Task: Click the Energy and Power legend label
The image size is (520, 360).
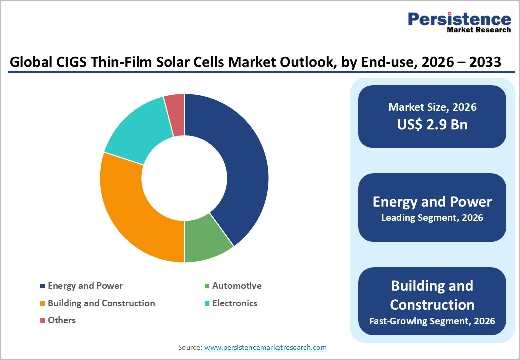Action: click(x=85, y=286)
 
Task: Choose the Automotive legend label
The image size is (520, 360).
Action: click(x=237, y=286)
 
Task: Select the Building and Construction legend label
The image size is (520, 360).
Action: click(x=101, y=303)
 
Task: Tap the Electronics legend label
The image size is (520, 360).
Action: click(x=235, y=303)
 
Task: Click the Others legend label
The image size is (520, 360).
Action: click(x=62, y=320)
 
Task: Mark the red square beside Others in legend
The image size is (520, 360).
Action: click(x=43, y=320)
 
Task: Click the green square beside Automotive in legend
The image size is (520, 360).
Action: click(x=207, y=286)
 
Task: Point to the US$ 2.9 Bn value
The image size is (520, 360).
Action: click(x=432, y=124)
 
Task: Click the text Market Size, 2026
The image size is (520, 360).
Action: click(x=432, y=107)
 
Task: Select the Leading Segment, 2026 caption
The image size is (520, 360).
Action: click(x=432, y=218)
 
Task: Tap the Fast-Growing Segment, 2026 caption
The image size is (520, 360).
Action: click(x=432, y=321)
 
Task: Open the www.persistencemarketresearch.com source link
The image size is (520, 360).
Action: click(x=265, y=347)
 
